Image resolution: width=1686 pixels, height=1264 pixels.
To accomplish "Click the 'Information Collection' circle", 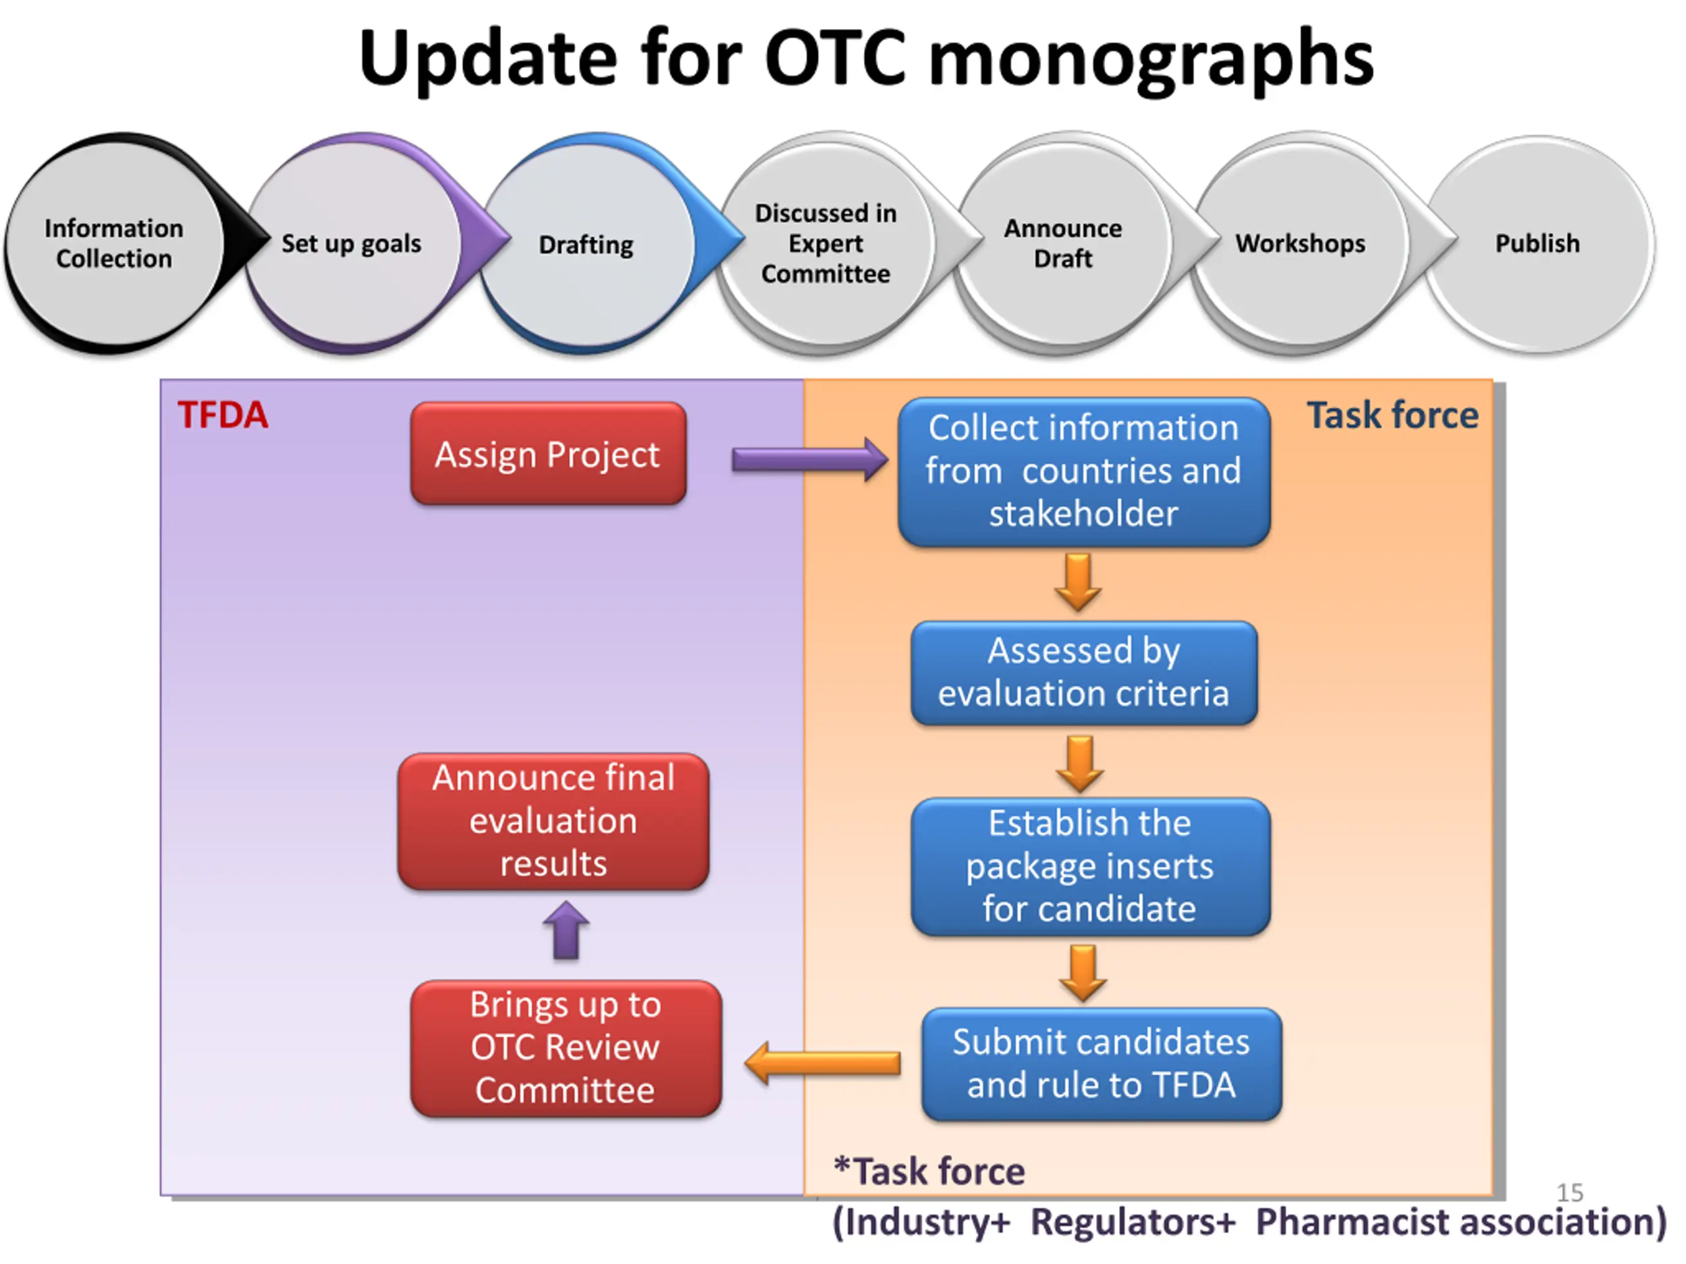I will [115, 244].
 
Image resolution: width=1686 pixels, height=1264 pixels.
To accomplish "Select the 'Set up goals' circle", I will [352, 244].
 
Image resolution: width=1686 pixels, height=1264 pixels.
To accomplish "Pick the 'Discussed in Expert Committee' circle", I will [825, 244].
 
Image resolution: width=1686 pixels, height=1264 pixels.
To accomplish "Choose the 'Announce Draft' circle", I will [1062, 244].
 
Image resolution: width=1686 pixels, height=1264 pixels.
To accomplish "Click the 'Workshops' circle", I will [1300, 244].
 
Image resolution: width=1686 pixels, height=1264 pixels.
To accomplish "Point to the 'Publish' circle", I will [1537, 244].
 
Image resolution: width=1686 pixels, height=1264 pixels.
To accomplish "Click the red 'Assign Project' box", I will [548, 454].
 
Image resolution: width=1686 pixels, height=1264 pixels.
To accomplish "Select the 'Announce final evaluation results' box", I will [553, 822].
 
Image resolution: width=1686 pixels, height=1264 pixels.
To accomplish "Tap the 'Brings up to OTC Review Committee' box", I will [566, 1048].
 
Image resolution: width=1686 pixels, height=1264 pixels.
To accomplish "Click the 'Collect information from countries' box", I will [1084, 471].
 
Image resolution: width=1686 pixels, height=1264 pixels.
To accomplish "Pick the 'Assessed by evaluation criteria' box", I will [1084, 672].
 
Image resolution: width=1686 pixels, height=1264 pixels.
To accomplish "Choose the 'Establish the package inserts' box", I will [1090, 866].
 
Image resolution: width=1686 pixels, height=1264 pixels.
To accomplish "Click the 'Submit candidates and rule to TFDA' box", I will [1101, 1064].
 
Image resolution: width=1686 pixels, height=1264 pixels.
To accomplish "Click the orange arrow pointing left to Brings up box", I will [823, 1063].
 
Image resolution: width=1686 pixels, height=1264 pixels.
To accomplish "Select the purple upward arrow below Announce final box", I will [566, 930].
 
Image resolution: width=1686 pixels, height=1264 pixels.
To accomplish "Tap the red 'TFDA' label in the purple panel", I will [223, 416].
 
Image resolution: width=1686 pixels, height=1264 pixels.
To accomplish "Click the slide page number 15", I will [1569, 1192].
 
